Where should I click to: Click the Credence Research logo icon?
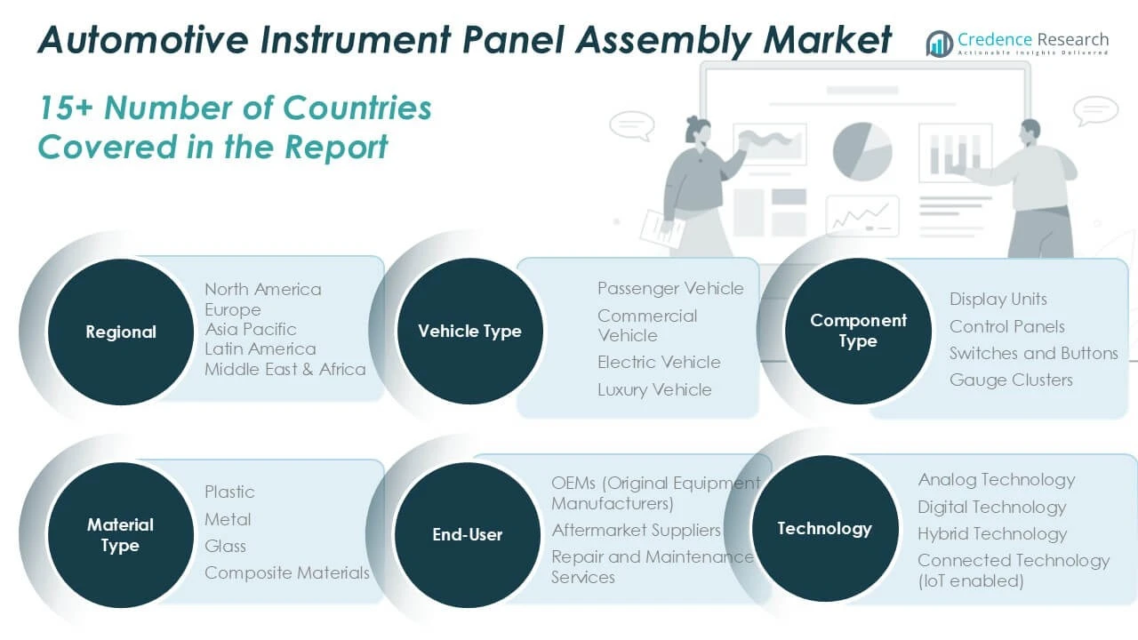pyautogui.click(x=940, y=44)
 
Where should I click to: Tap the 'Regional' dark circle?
pyautogui.click(x=120, y=332)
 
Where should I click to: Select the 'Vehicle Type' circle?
pyautogui.click(x=470, y=332)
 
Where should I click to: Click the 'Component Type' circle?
pyautogui.click(x=858, y=332)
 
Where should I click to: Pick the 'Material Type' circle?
pyautogui.click(x=120, y=535)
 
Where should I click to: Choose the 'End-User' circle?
pyautogui.click(x=468, y=535)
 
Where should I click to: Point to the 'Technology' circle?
pyautogui.click(x=824, y=529)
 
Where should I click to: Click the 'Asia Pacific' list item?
pyautogui.click(x=251, y=329)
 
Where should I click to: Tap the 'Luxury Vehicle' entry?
pyautogui.click(x=654, y=390)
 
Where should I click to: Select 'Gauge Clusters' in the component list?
pyautogui.click(x=1011, y=380)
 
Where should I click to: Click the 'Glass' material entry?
pyautogui.click(x=225, y=546)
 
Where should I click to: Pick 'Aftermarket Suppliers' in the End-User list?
pyautogui.click(x=636, y=531)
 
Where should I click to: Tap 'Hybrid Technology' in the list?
pyautogui.click(x=992, y=534)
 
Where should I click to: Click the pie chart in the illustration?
pyautogui.click(x=862, y=151)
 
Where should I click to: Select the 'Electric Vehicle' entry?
pyautogui.click(x=659, y=362)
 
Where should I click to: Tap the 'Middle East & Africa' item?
pyautogui.click(x=285, y=369)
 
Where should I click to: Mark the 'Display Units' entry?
pyautogui.click(x=998, y=300)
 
